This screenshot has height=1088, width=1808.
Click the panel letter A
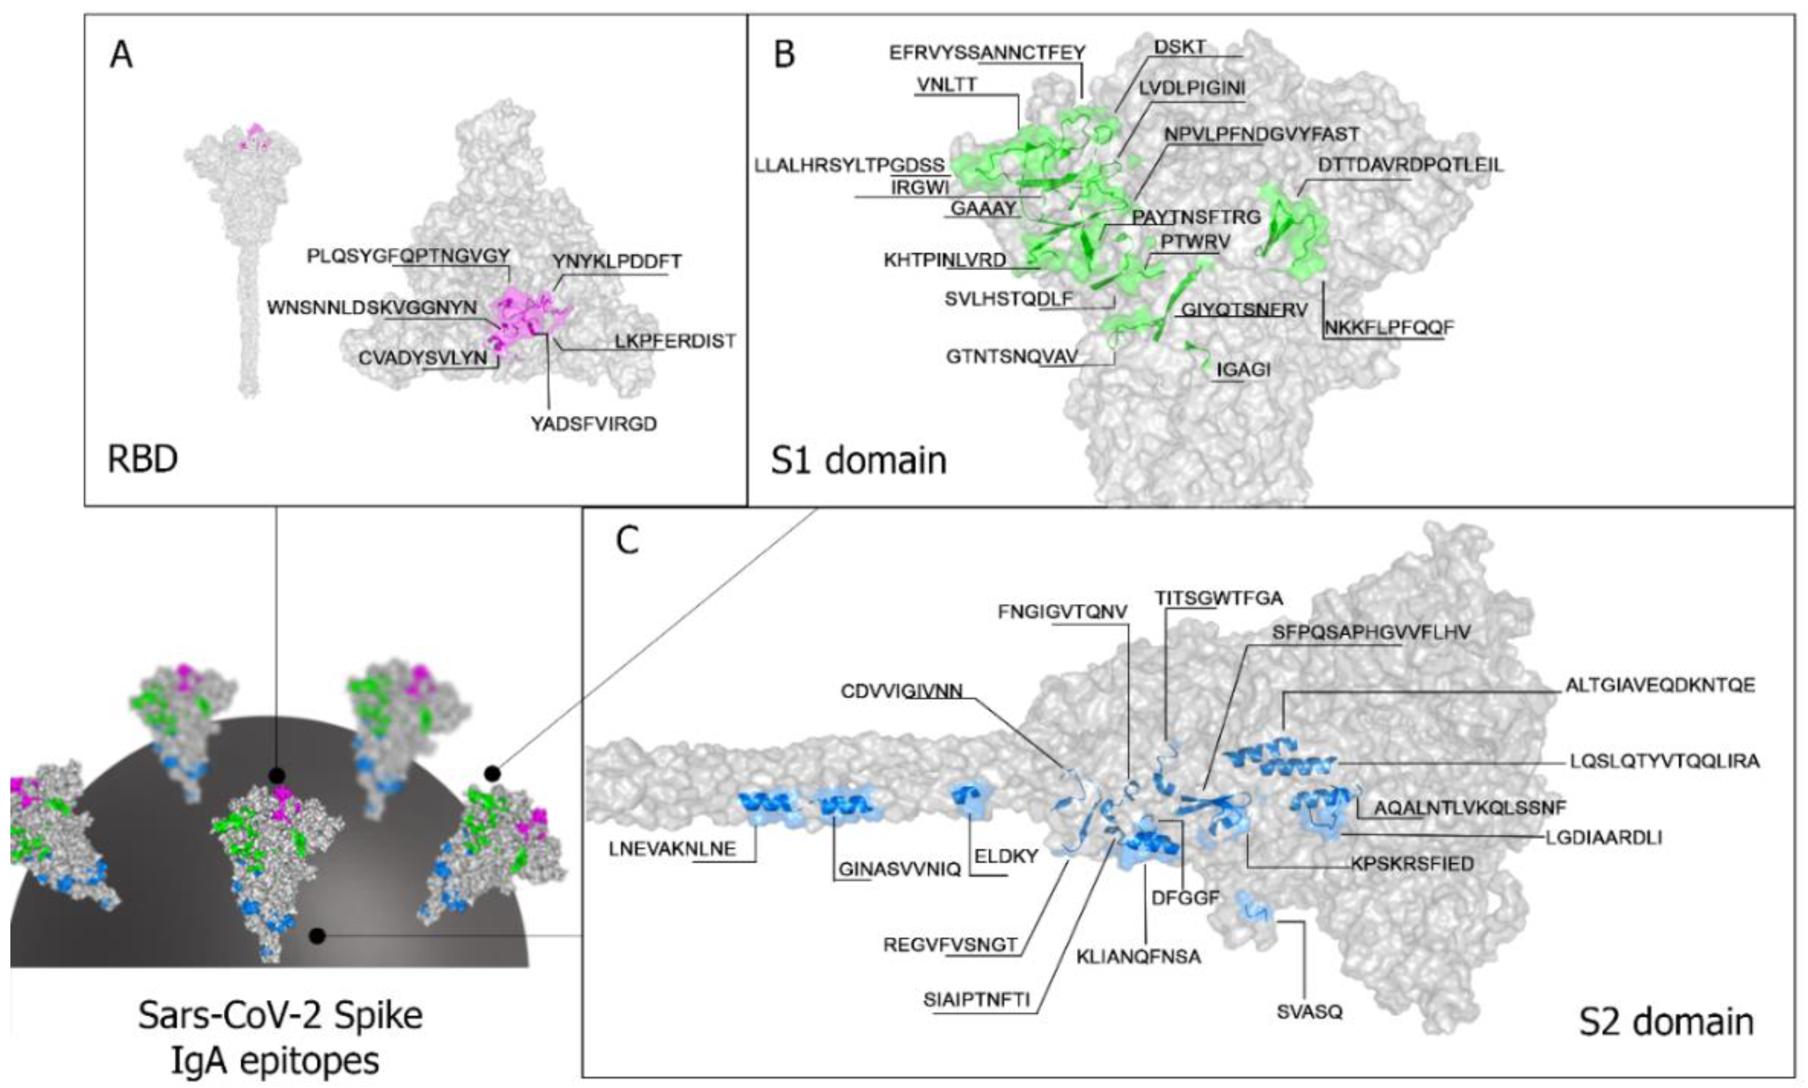click(x=121, y=55)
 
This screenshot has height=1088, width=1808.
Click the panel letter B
click(x=784, y=55)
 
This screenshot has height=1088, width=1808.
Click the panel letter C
click(x=627, y=541)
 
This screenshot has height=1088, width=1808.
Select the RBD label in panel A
click(x=142, y=459)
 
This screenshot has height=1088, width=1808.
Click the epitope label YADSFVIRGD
click(x=593, y=424)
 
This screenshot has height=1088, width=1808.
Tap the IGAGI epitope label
click(x=1243, y=370)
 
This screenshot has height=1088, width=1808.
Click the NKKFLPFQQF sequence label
click(x=1389, y=328)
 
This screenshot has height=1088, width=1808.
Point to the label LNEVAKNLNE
click(x=672, y=849)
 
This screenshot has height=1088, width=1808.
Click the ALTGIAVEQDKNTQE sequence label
click(x=1660, y=685)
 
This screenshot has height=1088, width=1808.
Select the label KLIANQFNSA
click(x=1138, y=956)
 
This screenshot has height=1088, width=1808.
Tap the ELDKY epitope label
click(x=1006, y=856)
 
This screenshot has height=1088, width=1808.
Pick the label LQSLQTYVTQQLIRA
click(x=1664, y=761)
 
